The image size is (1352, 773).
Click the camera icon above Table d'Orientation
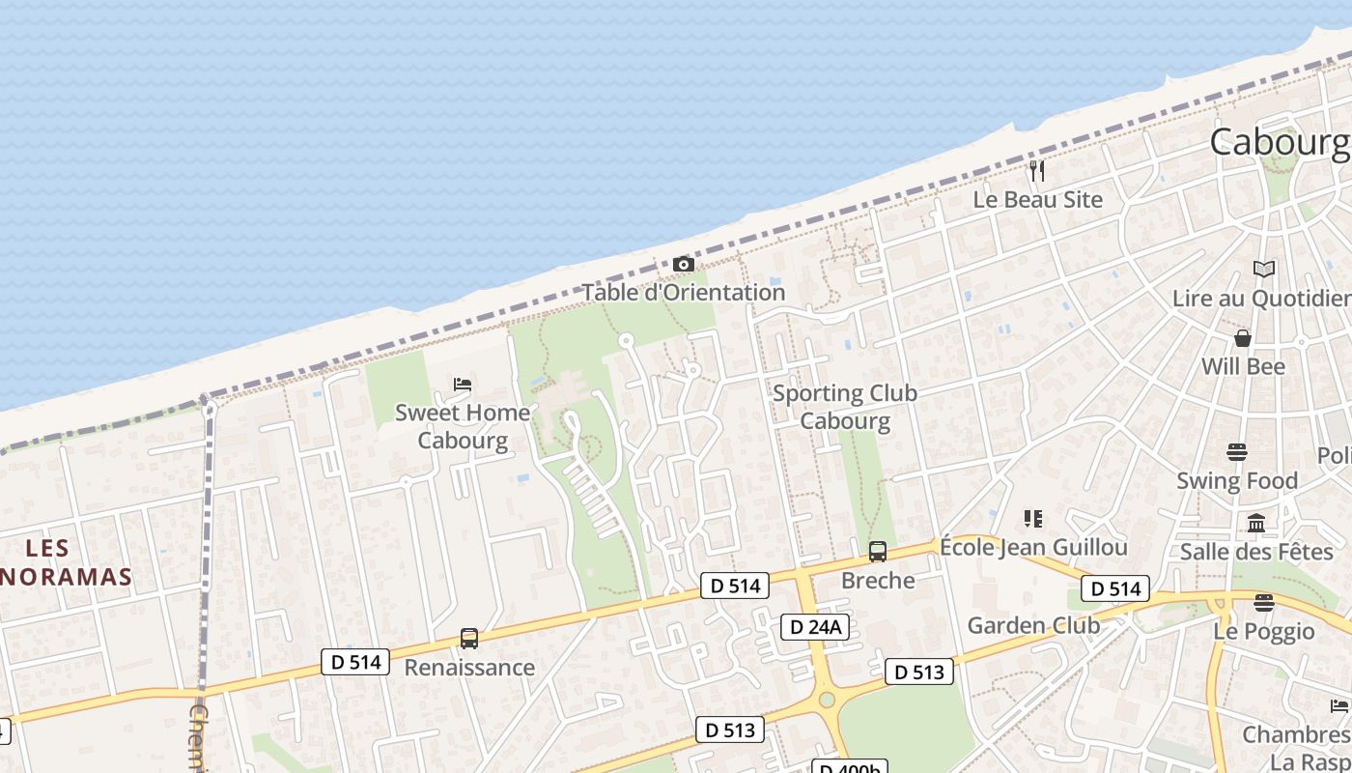click(x=683, y=264)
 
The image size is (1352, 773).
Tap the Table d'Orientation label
click(x=683, y=292)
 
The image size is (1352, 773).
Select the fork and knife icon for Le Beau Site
click(x=1037, y=171)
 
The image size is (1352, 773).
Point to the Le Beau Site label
click(x=1037, y=200)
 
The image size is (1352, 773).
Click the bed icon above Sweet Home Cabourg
click(x=463, y=385)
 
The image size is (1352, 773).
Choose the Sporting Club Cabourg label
click(x=845, y=407)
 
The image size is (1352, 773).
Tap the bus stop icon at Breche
click(x=877, y=552)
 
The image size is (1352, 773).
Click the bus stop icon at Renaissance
click(x=469, y=639)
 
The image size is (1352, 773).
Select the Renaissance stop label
click(x=469, y=668)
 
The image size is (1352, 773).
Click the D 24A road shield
click(x=816, y=627)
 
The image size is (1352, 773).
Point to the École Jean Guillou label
click(x=1033, y=548)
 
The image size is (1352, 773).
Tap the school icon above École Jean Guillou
click(x=1033, y=519)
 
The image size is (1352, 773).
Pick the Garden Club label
click(x=1033, y=625)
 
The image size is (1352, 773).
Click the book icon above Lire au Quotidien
click(x=1263, y=270)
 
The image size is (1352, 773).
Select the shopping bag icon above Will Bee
click(x=1243, y=338)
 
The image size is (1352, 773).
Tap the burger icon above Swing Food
click(x=1237, y=452)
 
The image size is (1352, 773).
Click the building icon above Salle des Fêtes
click(x=1256, y=524)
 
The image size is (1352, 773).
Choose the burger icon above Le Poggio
click(x=1263, y=603)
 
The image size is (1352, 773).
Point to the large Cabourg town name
click(x=1280, y=142)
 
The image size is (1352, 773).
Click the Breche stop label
click(x=878, y=581)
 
